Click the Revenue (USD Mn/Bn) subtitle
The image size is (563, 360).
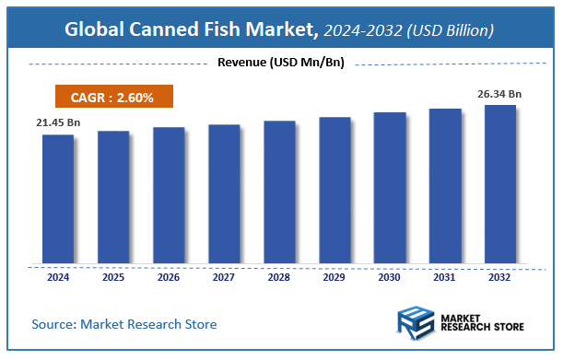(280, 63)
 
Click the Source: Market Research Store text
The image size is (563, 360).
(124, 324)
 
